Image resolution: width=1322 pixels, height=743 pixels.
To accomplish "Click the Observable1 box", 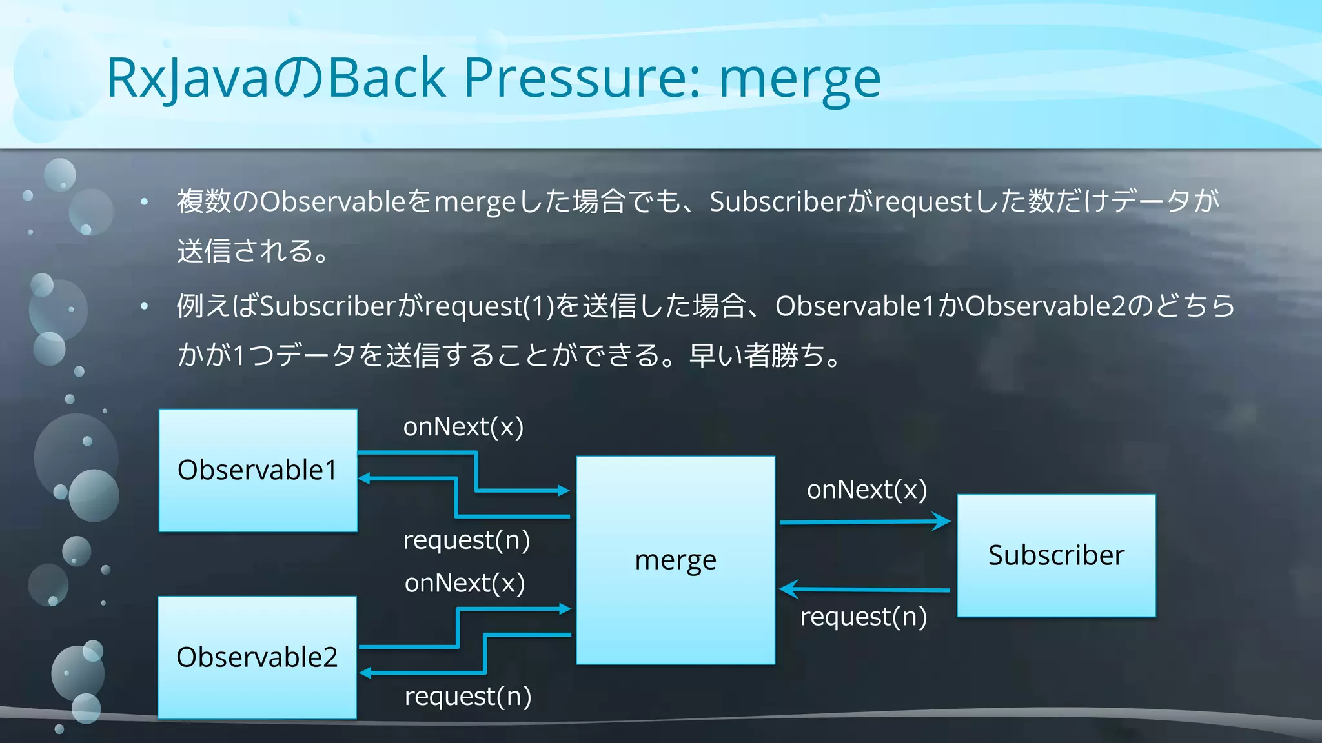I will (258, 470).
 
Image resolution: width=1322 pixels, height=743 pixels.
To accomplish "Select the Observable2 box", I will (257, 657).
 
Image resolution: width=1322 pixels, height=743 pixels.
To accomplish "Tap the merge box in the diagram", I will (675, 560).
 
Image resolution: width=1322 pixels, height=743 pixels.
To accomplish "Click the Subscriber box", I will (1056, 555).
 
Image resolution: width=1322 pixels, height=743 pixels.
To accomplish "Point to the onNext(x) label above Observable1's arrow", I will (463, 427).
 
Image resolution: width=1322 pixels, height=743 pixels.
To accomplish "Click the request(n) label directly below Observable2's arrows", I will (467, 697).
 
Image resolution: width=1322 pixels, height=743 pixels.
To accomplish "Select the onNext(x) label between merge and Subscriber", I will (866, 490).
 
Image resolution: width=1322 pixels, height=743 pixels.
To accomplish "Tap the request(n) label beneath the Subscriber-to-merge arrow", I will (863, 617).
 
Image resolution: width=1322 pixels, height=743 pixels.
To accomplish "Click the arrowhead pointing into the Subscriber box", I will (943, 521).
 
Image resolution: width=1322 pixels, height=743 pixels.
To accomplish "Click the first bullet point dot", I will (145, 202).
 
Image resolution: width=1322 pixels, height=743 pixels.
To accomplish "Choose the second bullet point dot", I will (145, 306).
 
